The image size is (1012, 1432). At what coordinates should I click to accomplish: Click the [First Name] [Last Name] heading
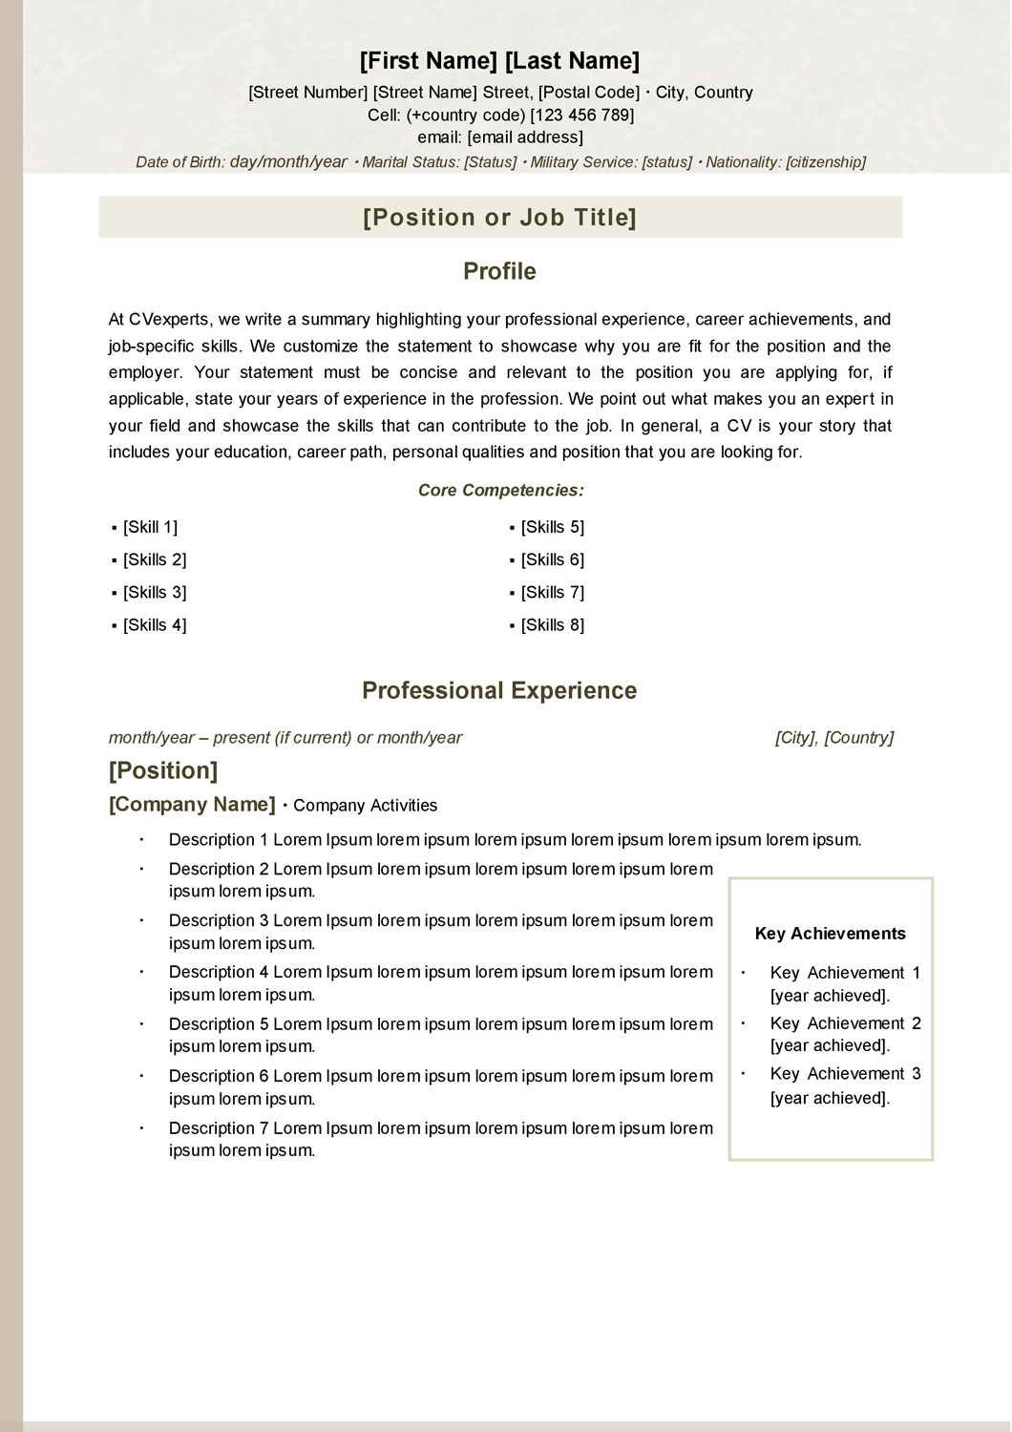499,61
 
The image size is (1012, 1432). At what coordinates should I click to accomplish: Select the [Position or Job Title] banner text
499,218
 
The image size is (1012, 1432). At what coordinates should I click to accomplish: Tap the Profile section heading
499,271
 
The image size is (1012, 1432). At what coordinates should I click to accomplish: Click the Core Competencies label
500,491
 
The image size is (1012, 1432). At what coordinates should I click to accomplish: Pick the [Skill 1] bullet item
150,527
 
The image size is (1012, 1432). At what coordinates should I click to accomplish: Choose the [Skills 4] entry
155,625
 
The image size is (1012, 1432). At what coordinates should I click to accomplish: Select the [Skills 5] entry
552,527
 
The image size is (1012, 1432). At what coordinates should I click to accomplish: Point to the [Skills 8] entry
552,625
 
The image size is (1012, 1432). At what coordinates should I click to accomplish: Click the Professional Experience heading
499,690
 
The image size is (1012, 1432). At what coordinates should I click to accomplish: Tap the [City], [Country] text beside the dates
833,738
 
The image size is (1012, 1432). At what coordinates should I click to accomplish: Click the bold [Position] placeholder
163,770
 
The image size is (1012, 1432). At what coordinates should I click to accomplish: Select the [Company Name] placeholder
192,805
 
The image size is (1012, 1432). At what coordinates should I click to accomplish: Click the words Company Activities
365,806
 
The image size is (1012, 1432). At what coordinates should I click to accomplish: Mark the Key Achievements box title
830,934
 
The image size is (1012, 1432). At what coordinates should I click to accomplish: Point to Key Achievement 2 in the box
845,1023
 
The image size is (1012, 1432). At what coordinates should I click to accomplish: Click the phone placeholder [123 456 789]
581,116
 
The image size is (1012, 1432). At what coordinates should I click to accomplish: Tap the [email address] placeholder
524,137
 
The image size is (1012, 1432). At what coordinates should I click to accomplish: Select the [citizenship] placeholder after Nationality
825,162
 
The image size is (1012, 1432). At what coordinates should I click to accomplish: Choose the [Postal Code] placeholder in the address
589,93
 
